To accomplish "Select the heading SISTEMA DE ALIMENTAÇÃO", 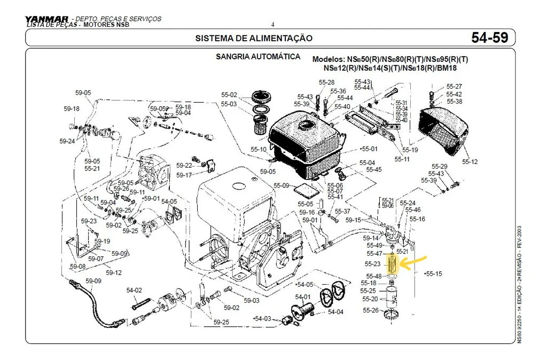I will [254, 38].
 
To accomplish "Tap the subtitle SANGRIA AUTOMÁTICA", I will [257, 57].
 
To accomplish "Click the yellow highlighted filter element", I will [393, 264].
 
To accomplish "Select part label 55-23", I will [373, 264].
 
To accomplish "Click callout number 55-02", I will [229, 95].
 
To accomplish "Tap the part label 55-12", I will [470, 161].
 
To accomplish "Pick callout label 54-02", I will [134, 291].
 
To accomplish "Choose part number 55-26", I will [370, 310].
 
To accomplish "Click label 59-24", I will [67, 142].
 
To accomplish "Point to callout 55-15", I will [434, 273].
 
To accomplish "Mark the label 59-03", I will [252, 301].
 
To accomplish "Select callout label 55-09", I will [282, 186].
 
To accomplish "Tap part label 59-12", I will [114, 272].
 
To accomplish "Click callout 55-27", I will [454, 87].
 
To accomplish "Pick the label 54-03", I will [262, 318].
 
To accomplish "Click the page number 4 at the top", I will [272, 25].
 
